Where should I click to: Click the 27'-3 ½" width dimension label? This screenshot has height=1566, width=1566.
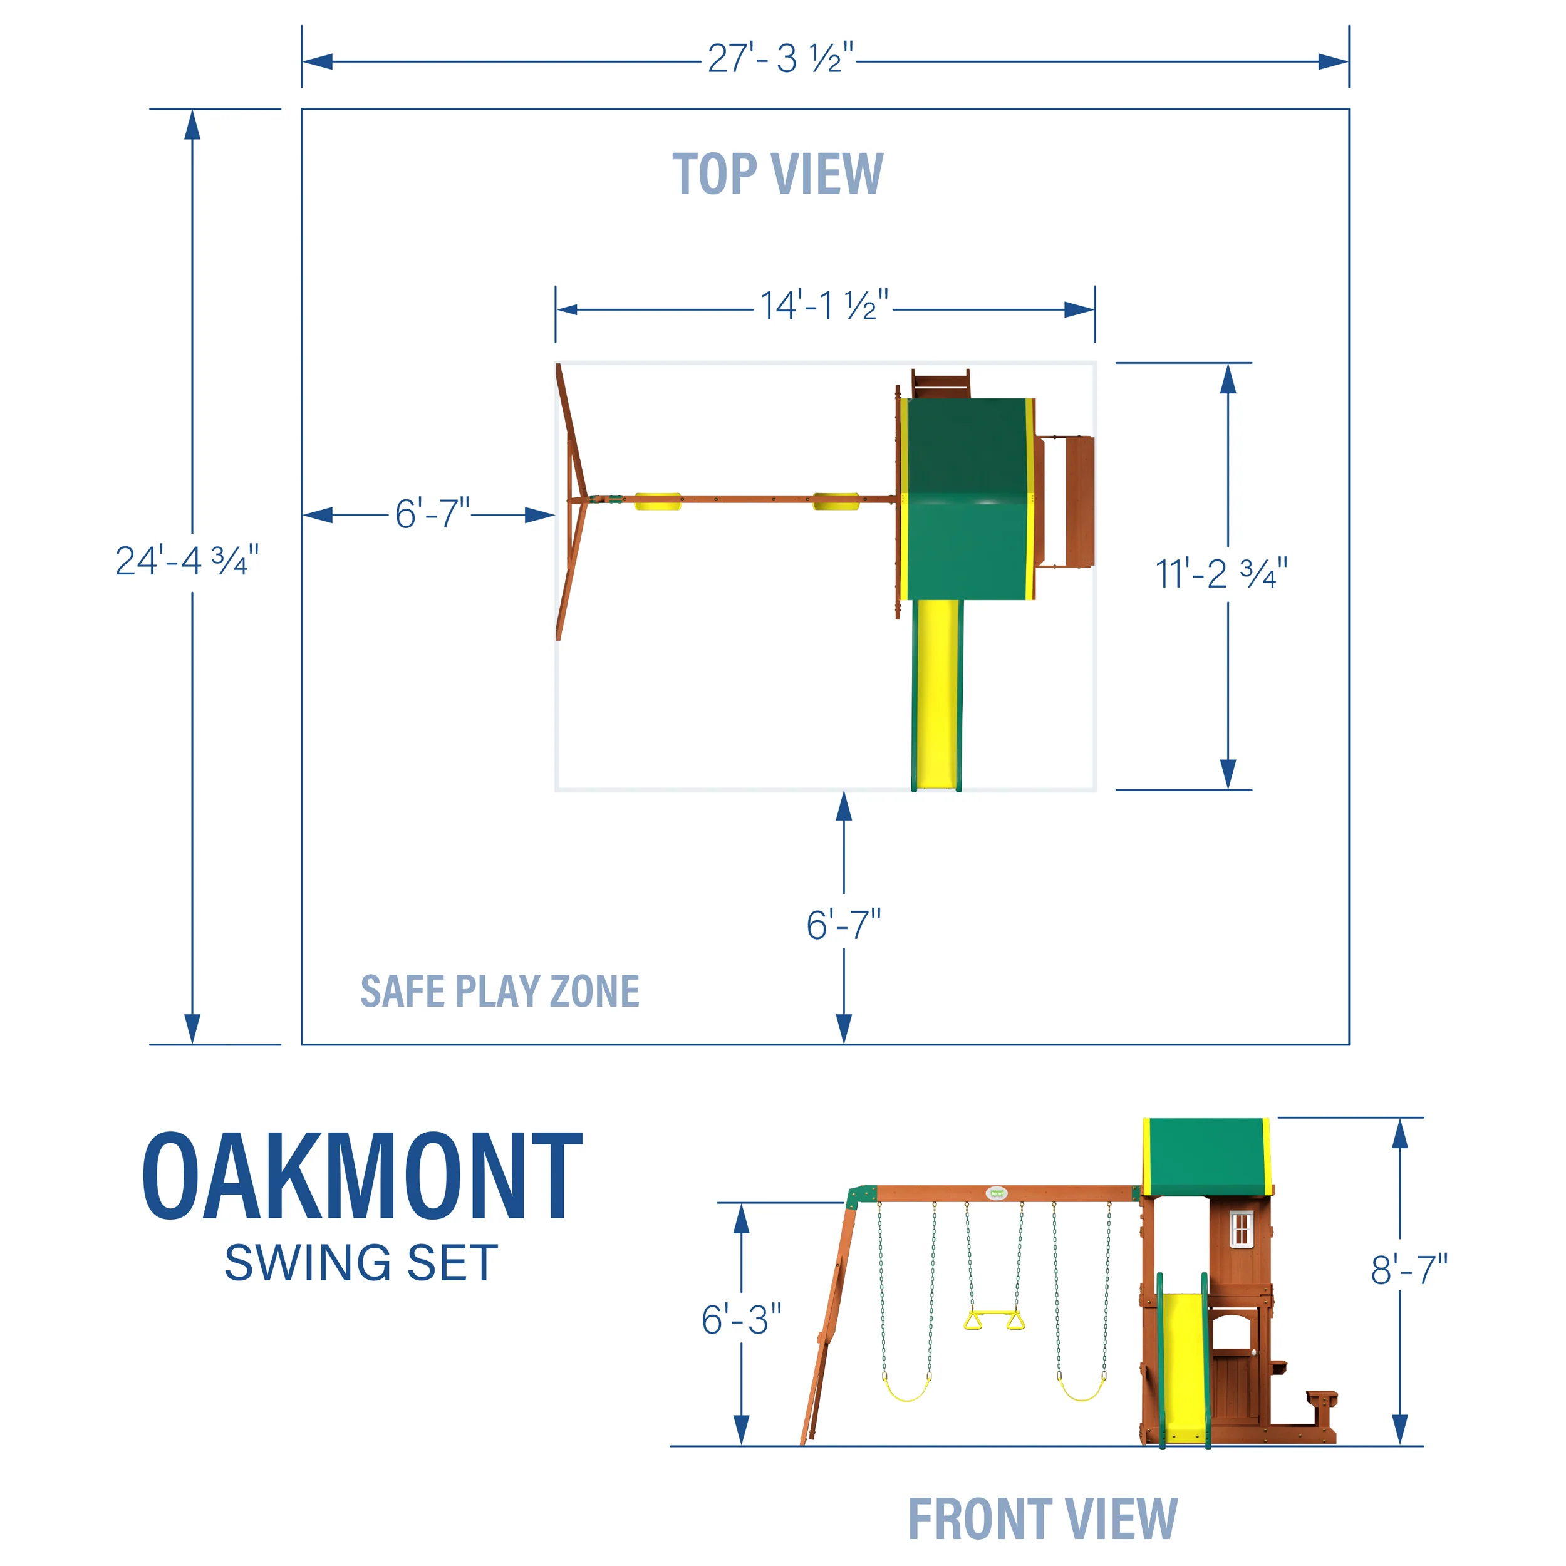780,59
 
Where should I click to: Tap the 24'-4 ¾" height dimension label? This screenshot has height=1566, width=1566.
187,561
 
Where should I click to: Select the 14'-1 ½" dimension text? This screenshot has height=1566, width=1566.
824,306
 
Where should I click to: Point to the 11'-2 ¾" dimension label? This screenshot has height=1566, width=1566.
1221,574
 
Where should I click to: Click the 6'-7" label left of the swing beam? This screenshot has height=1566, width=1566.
432,514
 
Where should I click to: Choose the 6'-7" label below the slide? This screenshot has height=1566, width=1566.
843,925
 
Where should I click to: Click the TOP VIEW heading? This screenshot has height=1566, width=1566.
777,174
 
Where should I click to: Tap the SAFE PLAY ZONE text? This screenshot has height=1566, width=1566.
499,992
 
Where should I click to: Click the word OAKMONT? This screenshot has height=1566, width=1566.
361,1177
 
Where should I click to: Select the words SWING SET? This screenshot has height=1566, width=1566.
361,1263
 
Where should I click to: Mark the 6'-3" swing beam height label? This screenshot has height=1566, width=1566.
741,1320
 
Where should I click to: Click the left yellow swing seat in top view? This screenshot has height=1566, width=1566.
657,501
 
